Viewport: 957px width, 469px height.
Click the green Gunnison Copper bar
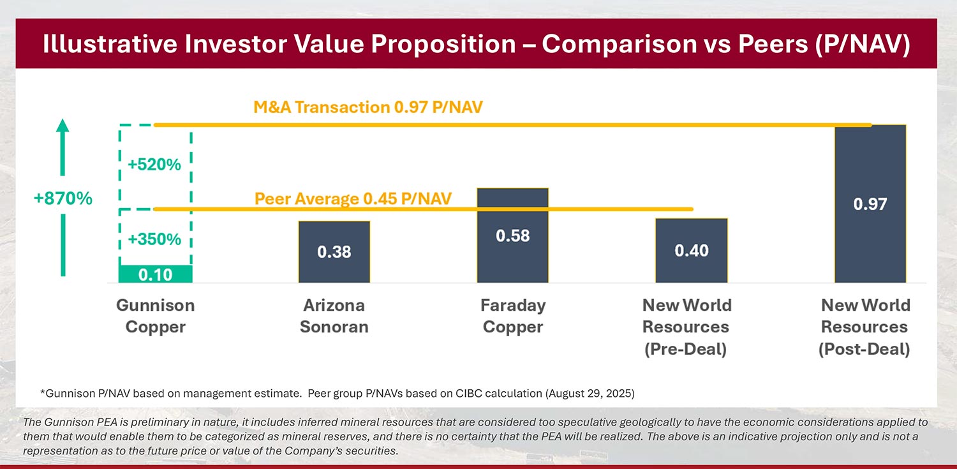coord(155,274)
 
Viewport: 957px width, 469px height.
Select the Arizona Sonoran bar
coord(334,251)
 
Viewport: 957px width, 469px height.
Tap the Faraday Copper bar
coord(513,235)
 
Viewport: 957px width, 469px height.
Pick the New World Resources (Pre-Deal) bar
coord(692,250)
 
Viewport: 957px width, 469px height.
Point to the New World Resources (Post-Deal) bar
coord(870,204)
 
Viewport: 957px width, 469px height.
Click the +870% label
coord(63,198)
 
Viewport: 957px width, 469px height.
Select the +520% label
coord(154,165)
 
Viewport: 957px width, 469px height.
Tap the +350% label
coord(154,239)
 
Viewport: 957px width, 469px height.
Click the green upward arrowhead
coord(63,125)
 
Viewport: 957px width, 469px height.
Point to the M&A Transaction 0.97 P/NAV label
coord(368,107)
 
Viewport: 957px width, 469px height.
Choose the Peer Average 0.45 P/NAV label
coord(353,198)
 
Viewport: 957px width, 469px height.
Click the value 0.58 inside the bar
coord(513,235)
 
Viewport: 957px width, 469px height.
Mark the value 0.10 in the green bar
coord(155,274)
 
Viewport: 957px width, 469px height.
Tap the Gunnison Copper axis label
coord(155,316)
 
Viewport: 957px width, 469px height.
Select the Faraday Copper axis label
coord(513,316)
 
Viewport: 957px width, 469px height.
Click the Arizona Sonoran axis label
coord(334,316)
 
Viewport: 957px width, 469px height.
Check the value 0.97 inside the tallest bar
coord(870,204)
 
